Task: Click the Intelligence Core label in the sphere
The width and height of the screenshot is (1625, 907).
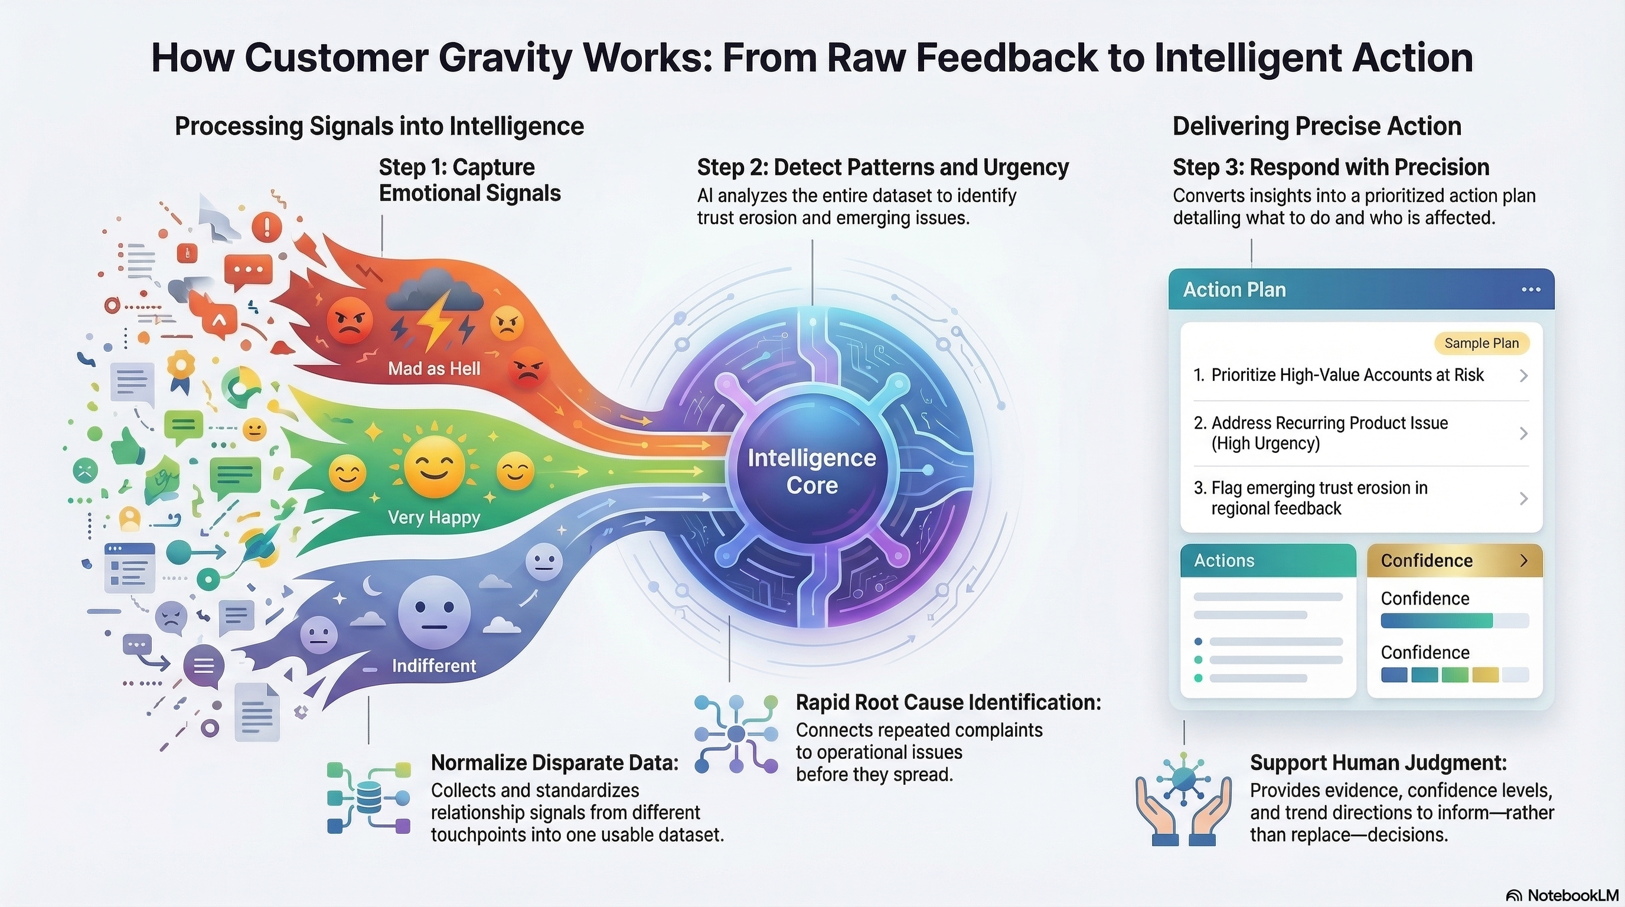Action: (x=812, y=471)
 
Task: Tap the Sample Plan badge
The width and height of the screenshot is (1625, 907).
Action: (x=1481, y=343)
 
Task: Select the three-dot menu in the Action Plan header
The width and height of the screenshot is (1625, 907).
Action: (x=1531, y=289)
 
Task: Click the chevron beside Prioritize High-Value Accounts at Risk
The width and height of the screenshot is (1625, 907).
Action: (x=1523, y=376)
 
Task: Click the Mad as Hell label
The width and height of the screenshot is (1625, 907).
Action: (x=434, y=368)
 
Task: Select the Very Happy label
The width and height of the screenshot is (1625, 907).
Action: (x=434, y=517)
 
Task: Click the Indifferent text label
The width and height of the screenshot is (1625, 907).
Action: (x=434, y=665)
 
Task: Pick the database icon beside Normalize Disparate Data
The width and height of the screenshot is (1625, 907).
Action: (x=369, y=798)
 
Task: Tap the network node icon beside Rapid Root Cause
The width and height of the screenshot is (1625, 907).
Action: (x=736, y=733)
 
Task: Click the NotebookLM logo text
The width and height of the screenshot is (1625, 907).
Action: (x=1572, y=896)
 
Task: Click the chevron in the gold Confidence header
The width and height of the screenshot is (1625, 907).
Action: (x=1524, y=561)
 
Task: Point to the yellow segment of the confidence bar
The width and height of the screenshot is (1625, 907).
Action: (x=1485, y=675)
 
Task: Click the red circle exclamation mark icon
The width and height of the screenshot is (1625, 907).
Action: (x=267, y=226)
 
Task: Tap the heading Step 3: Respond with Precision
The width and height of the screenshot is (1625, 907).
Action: (x=1331, y=167)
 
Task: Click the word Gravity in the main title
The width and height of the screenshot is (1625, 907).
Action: (x=505, y=58)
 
